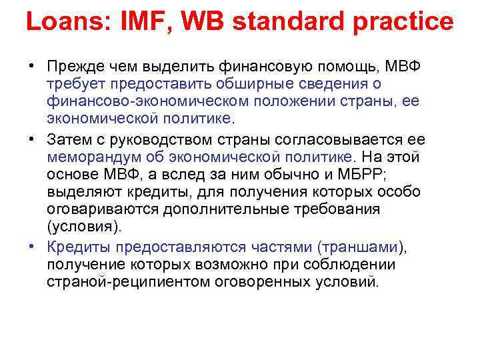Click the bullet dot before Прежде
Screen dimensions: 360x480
(x=31, y=67)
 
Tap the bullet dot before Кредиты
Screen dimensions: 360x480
(x=31, y=247)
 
